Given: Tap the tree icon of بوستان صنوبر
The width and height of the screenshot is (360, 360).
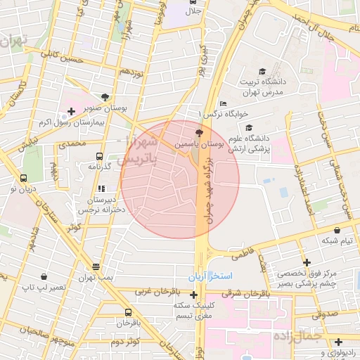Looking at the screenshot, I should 105,97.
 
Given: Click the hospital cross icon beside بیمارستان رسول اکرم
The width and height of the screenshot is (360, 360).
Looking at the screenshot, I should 71,111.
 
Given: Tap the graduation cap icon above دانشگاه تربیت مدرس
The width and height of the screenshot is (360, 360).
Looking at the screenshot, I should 262,72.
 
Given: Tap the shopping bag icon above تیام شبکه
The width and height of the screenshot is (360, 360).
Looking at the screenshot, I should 337,229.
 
